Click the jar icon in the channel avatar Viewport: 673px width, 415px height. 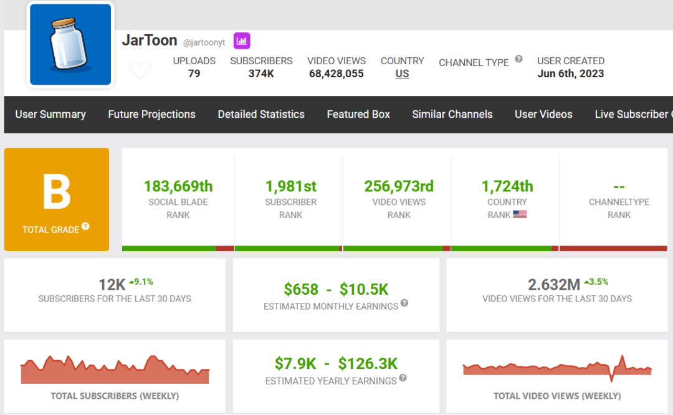coord(70,45)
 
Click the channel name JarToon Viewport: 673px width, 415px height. coord(150,41)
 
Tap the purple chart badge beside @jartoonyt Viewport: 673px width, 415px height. coord(242,41)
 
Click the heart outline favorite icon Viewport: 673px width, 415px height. coord(140,70)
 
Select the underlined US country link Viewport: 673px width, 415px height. coord(402,74)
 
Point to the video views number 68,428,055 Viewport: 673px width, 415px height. coord(336,74)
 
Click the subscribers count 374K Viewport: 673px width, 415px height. coord(261,74)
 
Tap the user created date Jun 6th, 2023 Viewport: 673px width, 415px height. coord(571,74)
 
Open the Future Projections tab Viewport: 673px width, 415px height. coord(151,114)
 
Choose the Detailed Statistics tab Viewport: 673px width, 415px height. coord(261,114)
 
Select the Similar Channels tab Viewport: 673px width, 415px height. coord(452,114)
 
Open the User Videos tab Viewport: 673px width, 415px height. coord(543,114)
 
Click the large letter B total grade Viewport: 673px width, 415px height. coord(56,192)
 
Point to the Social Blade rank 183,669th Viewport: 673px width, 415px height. coord(178,186)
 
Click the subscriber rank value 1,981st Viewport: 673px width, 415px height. coord(290,186)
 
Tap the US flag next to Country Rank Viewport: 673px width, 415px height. coord(520,214)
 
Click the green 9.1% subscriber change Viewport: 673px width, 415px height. coord(141,282)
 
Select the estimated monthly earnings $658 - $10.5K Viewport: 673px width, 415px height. coord(336,289)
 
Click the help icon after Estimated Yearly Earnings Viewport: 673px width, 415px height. coord(403,378)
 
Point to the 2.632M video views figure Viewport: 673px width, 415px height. coord(554,285)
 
